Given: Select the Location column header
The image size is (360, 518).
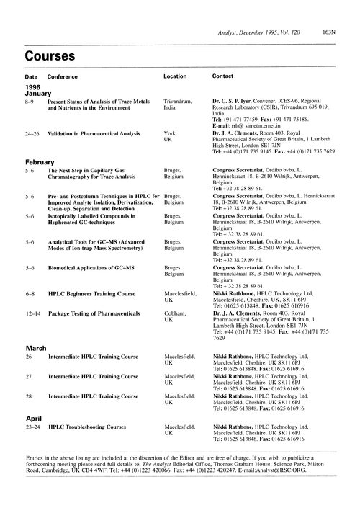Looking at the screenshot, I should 175,76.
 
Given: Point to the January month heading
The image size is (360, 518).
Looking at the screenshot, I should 40,93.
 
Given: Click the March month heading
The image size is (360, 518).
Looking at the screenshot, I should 37,348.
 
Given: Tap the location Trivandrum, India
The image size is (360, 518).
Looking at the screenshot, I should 178,106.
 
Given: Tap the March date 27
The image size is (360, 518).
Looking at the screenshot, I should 29,376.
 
